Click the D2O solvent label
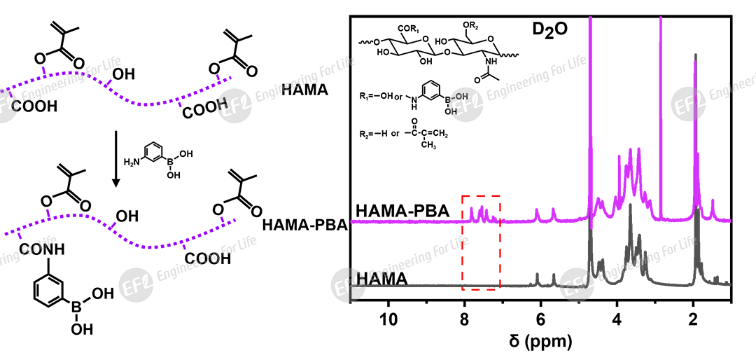pos(549,32)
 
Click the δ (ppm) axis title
pos(540,342)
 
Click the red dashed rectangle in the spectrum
pos(481,242)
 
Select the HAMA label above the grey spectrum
pos(382,278)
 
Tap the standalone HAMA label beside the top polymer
pos(305,90)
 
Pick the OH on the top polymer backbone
pos(125,72)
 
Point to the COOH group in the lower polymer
pos(208,259)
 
